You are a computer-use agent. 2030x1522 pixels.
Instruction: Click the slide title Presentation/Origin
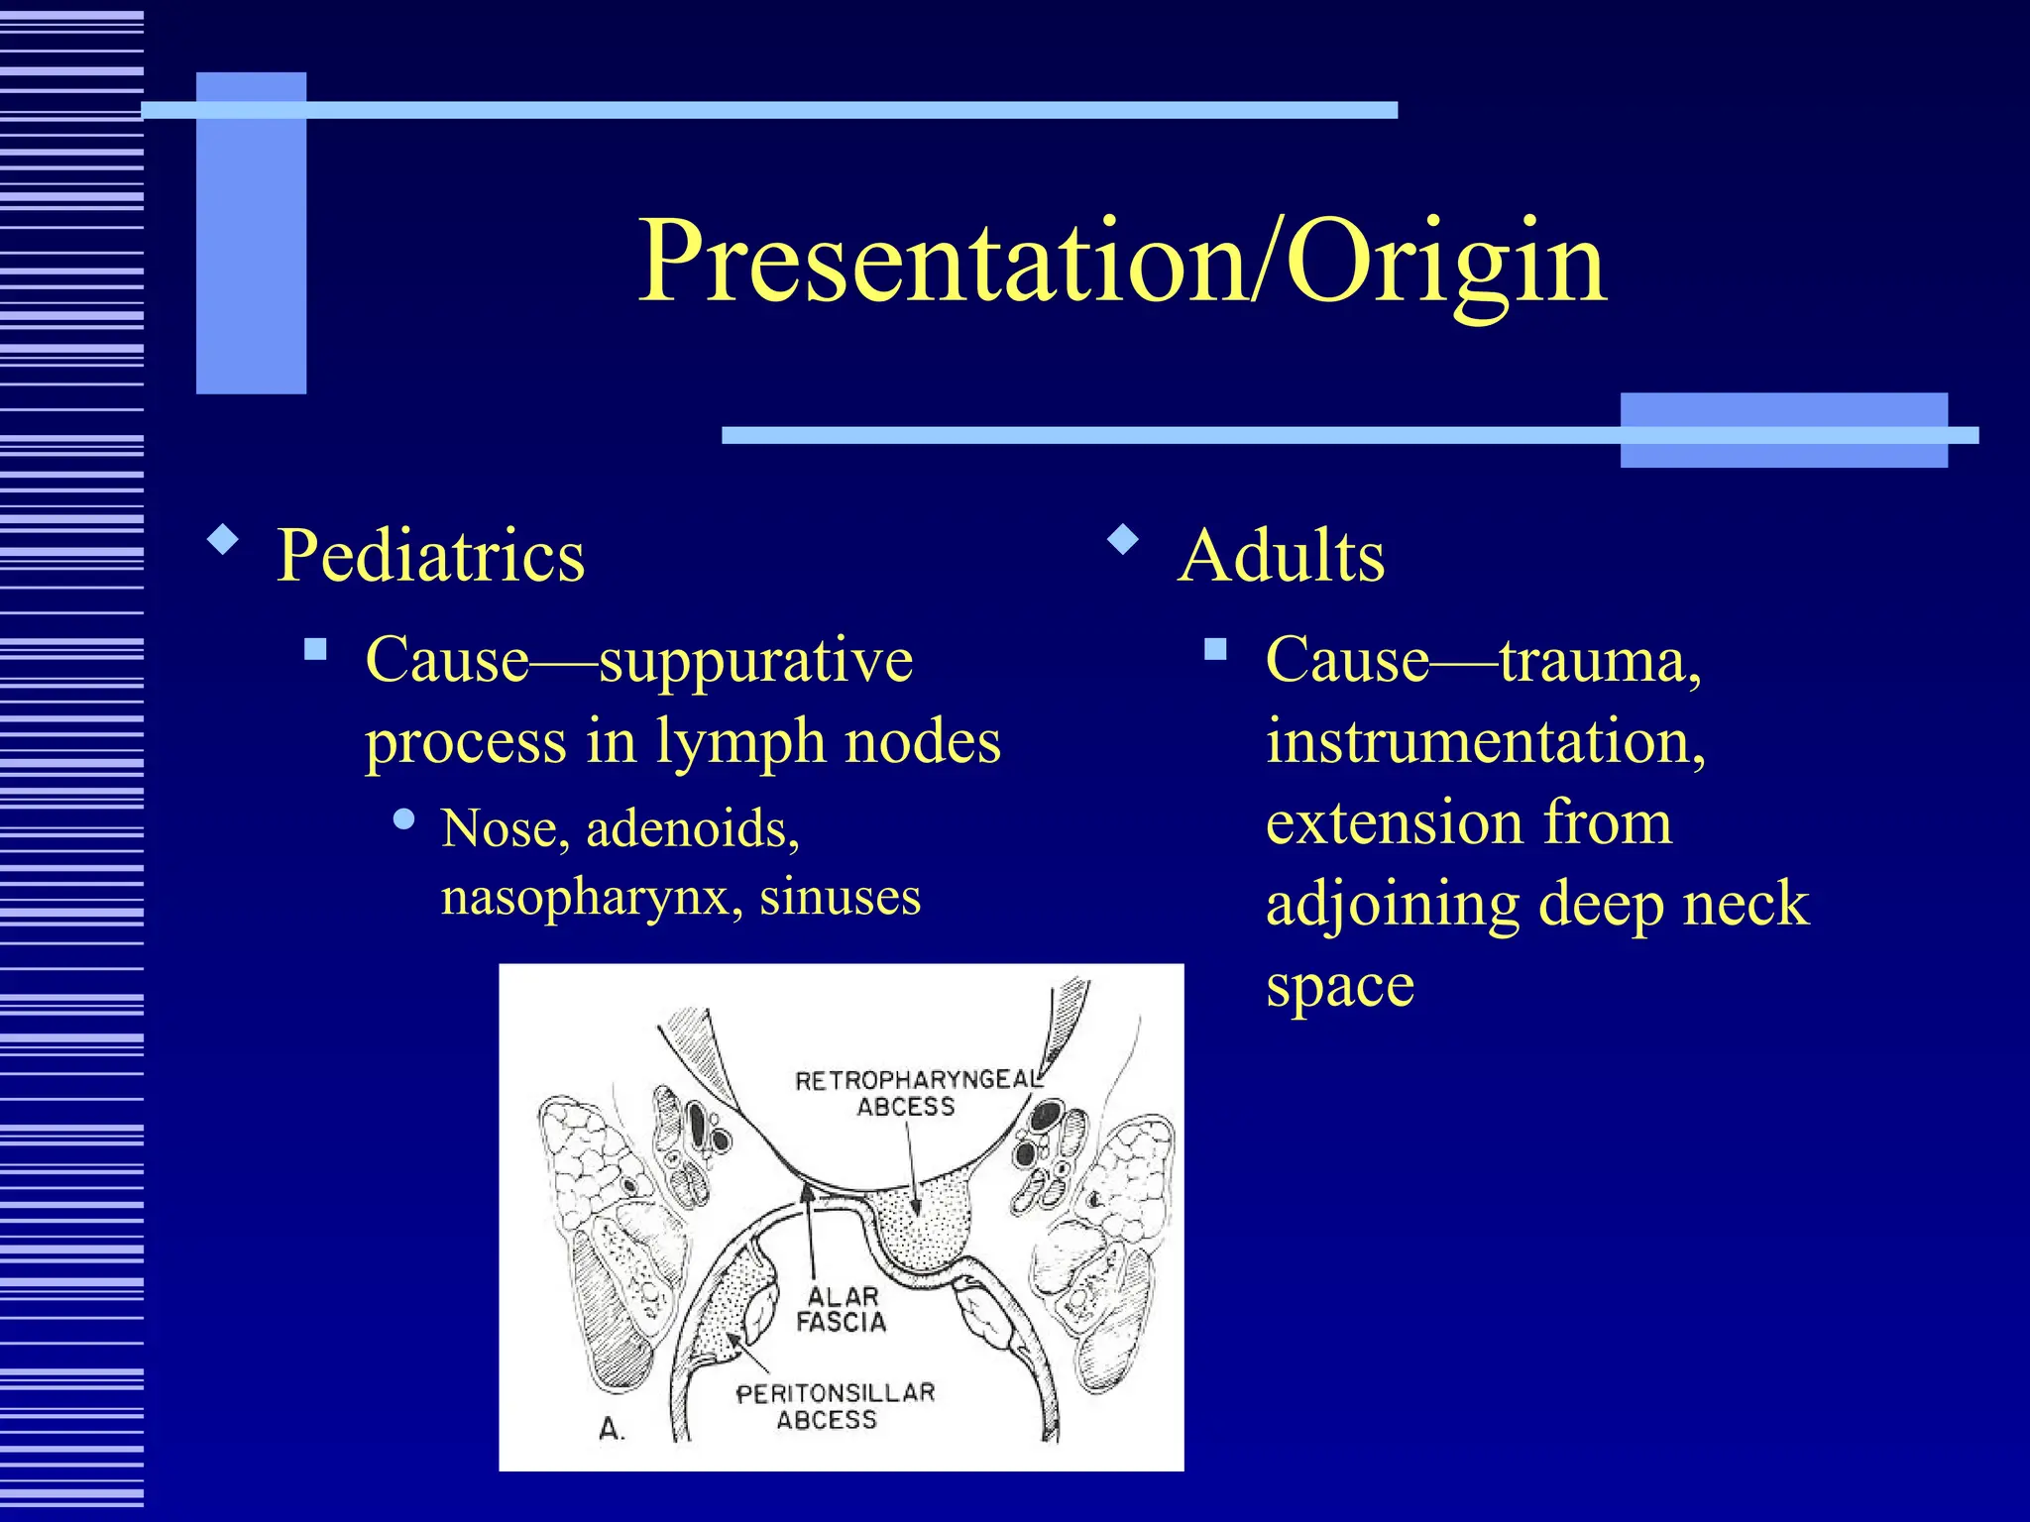[1121, 262]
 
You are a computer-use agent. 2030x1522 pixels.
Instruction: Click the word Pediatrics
[430, 556]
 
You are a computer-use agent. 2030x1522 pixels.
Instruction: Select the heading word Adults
[1282, 556]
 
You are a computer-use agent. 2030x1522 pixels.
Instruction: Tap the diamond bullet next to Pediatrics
[223, 540]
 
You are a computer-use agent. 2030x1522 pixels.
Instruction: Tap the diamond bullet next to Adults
[1123, 540]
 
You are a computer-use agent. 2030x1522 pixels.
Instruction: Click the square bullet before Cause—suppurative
[315, 650]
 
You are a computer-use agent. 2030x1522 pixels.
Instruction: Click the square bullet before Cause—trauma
[1215, 650]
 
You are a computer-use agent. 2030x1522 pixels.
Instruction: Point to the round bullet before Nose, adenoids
[403, 819]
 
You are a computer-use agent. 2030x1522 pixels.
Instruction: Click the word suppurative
[756, 661]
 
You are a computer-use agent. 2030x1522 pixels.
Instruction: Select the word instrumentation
[1485, 741]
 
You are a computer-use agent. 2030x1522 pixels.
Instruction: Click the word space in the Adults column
[1340, 986]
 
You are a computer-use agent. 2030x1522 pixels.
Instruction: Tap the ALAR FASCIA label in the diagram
[842, 1309]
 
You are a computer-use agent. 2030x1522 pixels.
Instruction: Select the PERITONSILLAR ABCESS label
[835, 1406]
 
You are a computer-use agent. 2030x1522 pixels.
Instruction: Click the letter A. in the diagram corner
[612, 1430]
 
